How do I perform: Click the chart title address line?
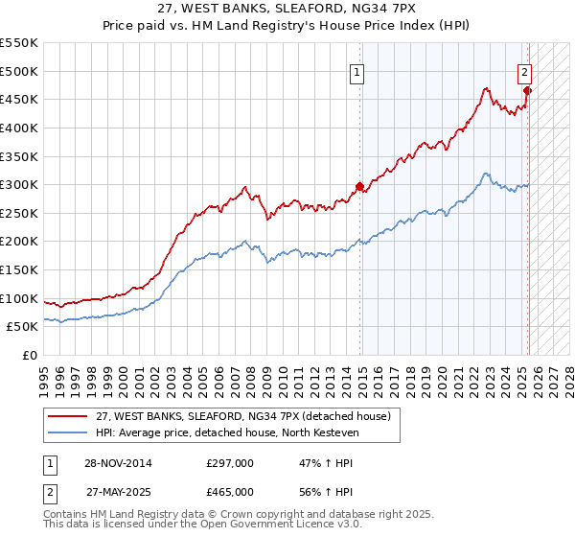287,8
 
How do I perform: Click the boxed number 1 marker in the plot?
356,71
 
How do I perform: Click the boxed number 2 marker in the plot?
525,71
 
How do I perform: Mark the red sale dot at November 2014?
360,186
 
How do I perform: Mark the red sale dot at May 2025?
528,91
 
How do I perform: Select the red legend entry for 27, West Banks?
242,416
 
